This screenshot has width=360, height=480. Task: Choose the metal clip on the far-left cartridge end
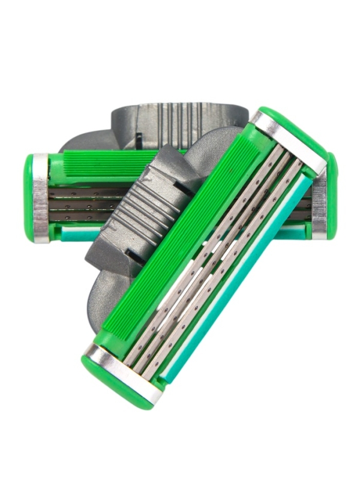41,198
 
